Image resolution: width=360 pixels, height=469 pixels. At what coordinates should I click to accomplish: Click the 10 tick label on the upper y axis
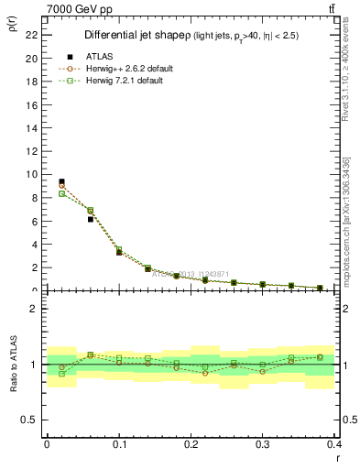pyautogui.click(x=32, y=174)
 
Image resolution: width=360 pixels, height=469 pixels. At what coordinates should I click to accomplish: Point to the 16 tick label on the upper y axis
pyautogui.click(x=32, y=104)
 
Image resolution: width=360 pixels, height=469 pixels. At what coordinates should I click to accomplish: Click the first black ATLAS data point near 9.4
pyautogui.click(x=61, y=181)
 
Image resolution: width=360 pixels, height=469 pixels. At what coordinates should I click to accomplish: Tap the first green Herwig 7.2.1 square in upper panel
pyautogui.click(x=61, y=193)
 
